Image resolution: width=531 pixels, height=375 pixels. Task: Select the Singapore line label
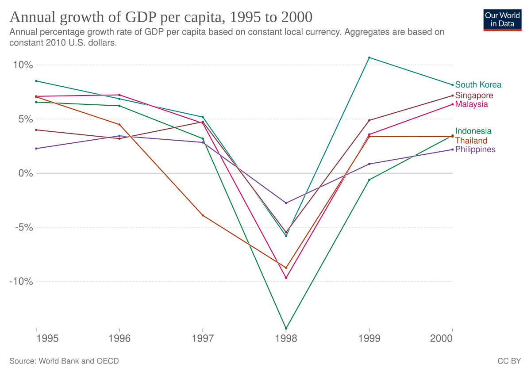[x=474, y=95]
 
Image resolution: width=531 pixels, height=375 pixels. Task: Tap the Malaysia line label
[x=471, y=104]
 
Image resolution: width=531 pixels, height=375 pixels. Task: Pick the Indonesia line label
[x=473, y=131]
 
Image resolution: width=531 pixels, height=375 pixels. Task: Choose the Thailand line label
[x=471, y=141]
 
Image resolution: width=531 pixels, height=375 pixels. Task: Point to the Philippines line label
[x=475, y=149]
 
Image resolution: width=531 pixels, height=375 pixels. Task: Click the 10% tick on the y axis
[x=23, y=65]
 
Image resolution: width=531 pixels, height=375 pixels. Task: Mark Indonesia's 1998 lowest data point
[x=286, y=329]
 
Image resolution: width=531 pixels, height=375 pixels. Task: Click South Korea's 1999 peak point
[x=369, y=57]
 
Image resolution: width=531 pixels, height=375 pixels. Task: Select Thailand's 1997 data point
[x=203, y=215]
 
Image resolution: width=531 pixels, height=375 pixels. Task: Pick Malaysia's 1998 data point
[x=286, y=278]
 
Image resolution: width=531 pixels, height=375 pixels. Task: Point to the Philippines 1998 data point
[x=286, y=203]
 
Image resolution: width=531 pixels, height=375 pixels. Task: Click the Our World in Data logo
[x=502, y=19]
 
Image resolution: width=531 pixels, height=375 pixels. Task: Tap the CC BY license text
[x=509, y=361]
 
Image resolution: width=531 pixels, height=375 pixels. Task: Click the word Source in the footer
[x=22, y=361]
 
